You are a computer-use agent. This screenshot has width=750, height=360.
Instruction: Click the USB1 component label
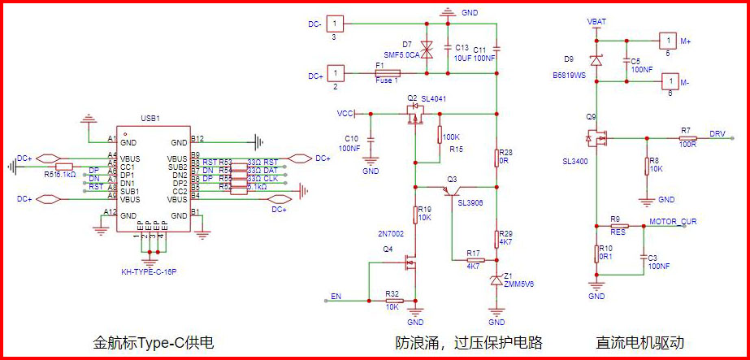pyautogui.click(x=150, y=119)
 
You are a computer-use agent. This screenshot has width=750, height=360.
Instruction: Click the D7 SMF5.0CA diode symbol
pyautogui.click(x=429, y=50)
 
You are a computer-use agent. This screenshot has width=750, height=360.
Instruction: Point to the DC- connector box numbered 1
pyautogui.click(x=336, y=24)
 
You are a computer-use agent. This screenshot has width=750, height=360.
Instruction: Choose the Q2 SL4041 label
pyautogui.click(x=427, y=98)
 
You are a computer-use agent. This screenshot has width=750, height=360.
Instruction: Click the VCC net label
pyautogui.click(x=345, y=114)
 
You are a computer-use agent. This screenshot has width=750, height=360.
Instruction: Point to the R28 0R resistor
pyautogui.click(x=496, y=157)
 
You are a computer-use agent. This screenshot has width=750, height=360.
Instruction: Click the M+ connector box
pyautogui.click(x=666, y=39)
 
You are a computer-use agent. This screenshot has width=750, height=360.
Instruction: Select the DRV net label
pyautogui.click(x=717, y=132)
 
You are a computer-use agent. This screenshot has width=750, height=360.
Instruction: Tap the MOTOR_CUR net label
pyautogui.click(x=673, y=221)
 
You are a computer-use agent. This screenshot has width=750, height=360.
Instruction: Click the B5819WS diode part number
pyautogui.click(x=569, y=76)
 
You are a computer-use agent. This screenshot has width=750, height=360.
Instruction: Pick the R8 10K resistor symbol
pyautogui.click(x=646, y=166)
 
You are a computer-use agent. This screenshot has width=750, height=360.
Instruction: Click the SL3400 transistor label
pyautogui.click(x=575, y=162)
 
